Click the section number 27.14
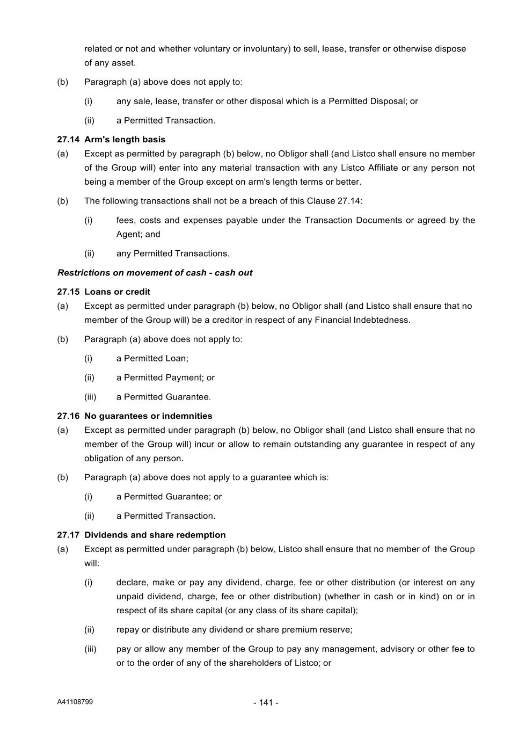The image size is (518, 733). [x=68, y=140]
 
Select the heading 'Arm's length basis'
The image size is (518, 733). [x=125, y=140]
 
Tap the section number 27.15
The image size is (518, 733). [x=68, y=292]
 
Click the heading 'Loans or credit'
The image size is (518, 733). [x=117, y=292]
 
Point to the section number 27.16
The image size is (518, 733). [x=68, y=416]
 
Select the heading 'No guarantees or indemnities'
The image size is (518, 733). [x=148, y=416]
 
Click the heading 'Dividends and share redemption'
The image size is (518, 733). [x=155, y=535]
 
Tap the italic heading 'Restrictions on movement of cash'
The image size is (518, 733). [x=132, y=273]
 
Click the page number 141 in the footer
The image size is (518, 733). [x=266, y=702]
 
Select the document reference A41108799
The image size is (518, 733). [x=75, y=702]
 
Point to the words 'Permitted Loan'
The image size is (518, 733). [x=155, y=358]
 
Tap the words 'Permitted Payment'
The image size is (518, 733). [x=160, y=378]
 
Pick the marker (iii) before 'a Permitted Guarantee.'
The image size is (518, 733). [x=90, y=397]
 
